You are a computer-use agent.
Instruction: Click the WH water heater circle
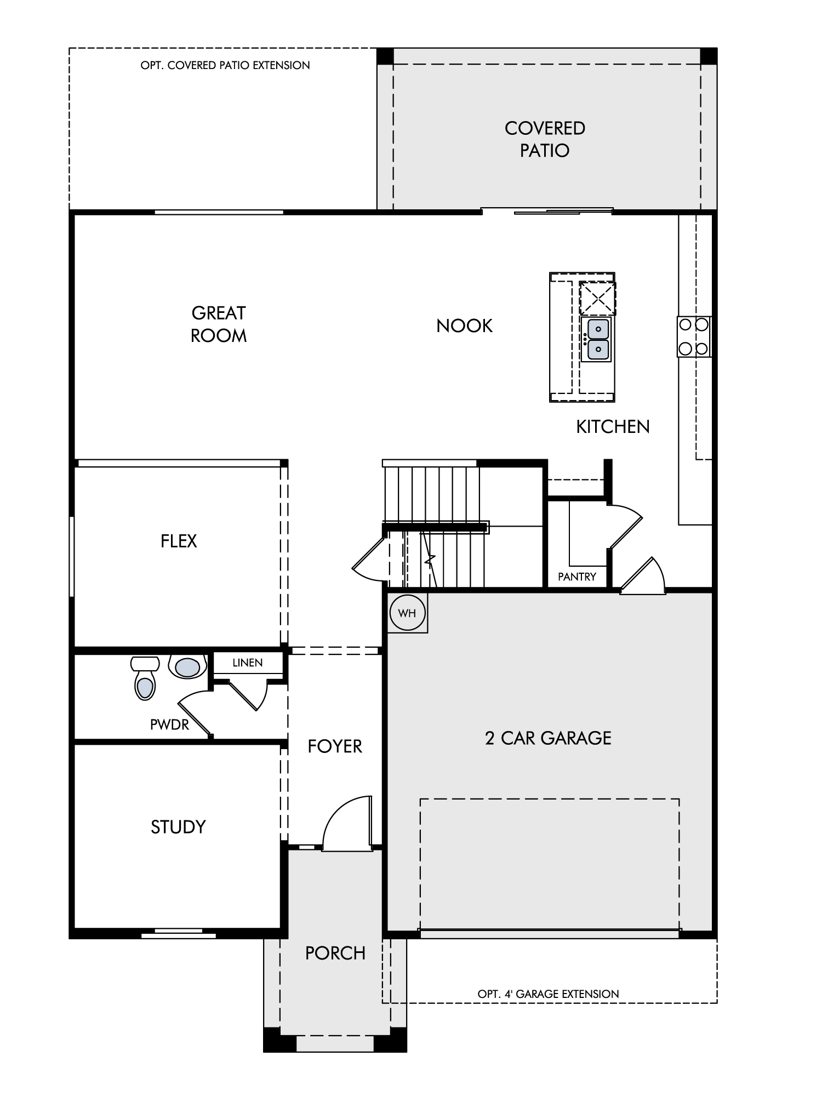click(x=407, y=613)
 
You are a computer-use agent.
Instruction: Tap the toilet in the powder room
click(x=145, y=678)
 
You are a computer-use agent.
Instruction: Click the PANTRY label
click(x=577, y=576)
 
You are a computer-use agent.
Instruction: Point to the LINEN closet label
click(x=248, y=663)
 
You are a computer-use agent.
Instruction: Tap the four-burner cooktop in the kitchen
click(x=694, y=336)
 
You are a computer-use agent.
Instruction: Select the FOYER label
click(x=335, y=746)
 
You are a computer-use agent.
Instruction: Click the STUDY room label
click(x=178, y=827)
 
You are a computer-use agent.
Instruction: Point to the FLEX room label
click(x=179, y=541)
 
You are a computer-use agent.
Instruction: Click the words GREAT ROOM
click(x=219, y=324)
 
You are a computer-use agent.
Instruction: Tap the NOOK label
click(x=465, y=326)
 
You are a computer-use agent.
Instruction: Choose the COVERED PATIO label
click(x=545, y=139)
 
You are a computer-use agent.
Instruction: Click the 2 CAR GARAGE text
click(x=548, y=738)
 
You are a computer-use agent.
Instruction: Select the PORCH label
click(x=335, y=954)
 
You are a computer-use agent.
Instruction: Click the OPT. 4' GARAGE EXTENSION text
click(x=548, y=994)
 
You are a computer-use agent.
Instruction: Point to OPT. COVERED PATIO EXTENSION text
click(x=225, y=65)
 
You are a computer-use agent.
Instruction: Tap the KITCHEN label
click(x=613, y=427)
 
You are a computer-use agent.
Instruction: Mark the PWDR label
click(x=169, y=725)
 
